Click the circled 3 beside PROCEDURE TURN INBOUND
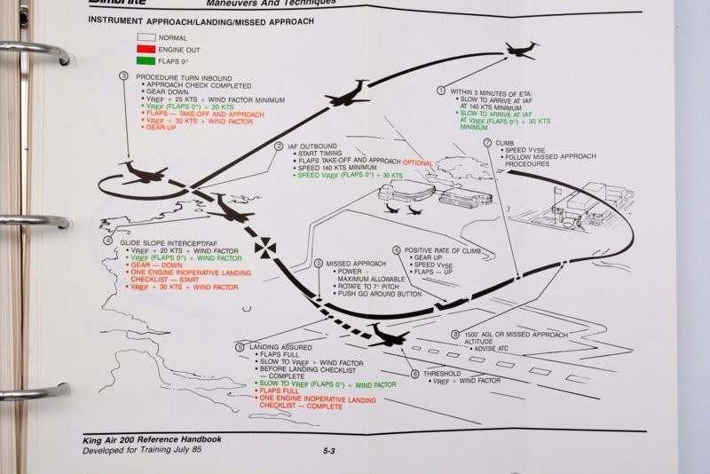[123, 75]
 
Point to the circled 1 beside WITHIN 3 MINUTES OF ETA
[441, 90]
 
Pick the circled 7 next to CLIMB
[487, 142]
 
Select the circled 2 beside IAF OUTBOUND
[279, 146]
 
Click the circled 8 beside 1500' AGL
[455, 335]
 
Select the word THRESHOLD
[442, 374]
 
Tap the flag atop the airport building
[557, 190]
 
